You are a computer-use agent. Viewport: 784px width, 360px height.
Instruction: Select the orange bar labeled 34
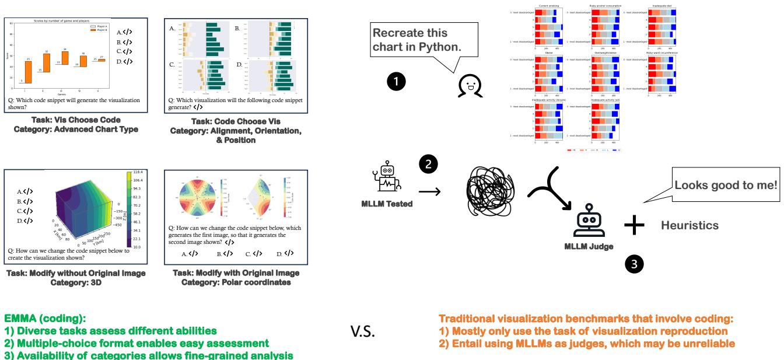(65, 58)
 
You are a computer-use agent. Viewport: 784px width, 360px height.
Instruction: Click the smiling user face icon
(468, 86)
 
